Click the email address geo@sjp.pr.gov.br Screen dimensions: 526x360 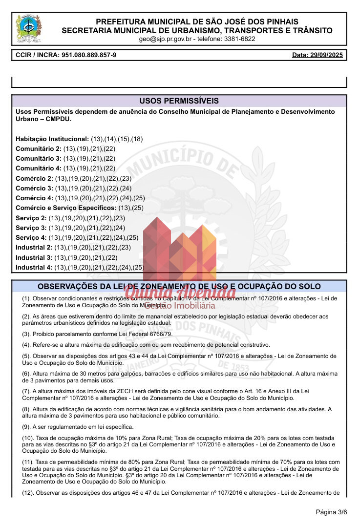tap(166, 39)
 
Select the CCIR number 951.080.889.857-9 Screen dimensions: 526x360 tap(89, 55)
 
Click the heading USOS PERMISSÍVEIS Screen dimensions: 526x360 tap(179, 101)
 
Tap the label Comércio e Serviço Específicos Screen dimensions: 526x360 tap(66, 208)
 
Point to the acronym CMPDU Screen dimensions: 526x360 tap(58, 119)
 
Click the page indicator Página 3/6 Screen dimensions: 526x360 tap(331, 512)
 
